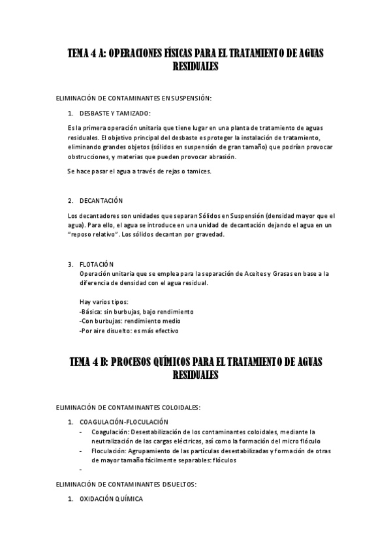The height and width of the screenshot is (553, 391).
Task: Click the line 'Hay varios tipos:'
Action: pos(103,302)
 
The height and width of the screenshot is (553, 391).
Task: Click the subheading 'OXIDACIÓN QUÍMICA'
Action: pos(111,499)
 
